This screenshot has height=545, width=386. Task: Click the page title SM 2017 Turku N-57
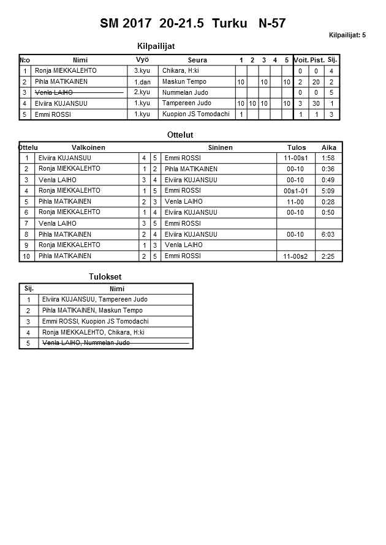[192, 24]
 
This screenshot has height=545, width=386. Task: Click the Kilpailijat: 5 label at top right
[347, 35]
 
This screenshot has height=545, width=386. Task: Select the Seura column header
[197, 60]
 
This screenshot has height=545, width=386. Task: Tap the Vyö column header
[142, 60]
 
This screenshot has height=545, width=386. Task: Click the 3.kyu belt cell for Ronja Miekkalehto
[142, 71]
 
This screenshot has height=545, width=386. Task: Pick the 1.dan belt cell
[142, 82]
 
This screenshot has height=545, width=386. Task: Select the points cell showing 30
[316, 104]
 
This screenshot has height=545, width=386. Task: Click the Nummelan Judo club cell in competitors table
[185, 92]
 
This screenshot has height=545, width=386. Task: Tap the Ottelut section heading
[180, 135]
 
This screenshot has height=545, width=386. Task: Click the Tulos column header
[297, 147]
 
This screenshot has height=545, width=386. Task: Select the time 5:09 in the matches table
[328, 191]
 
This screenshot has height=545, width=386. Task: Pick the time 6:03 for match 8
[328, 234]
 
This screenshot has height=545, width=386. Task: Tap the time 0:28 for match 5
[328, 202]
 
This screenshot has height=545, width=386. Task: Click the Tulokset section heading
[105, 277]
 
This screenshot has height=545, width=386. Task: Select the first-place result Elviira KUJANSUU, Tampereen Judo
[94, 300]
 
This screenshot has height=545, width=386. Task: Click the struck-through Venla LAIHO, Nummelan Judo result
[85, 343]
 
